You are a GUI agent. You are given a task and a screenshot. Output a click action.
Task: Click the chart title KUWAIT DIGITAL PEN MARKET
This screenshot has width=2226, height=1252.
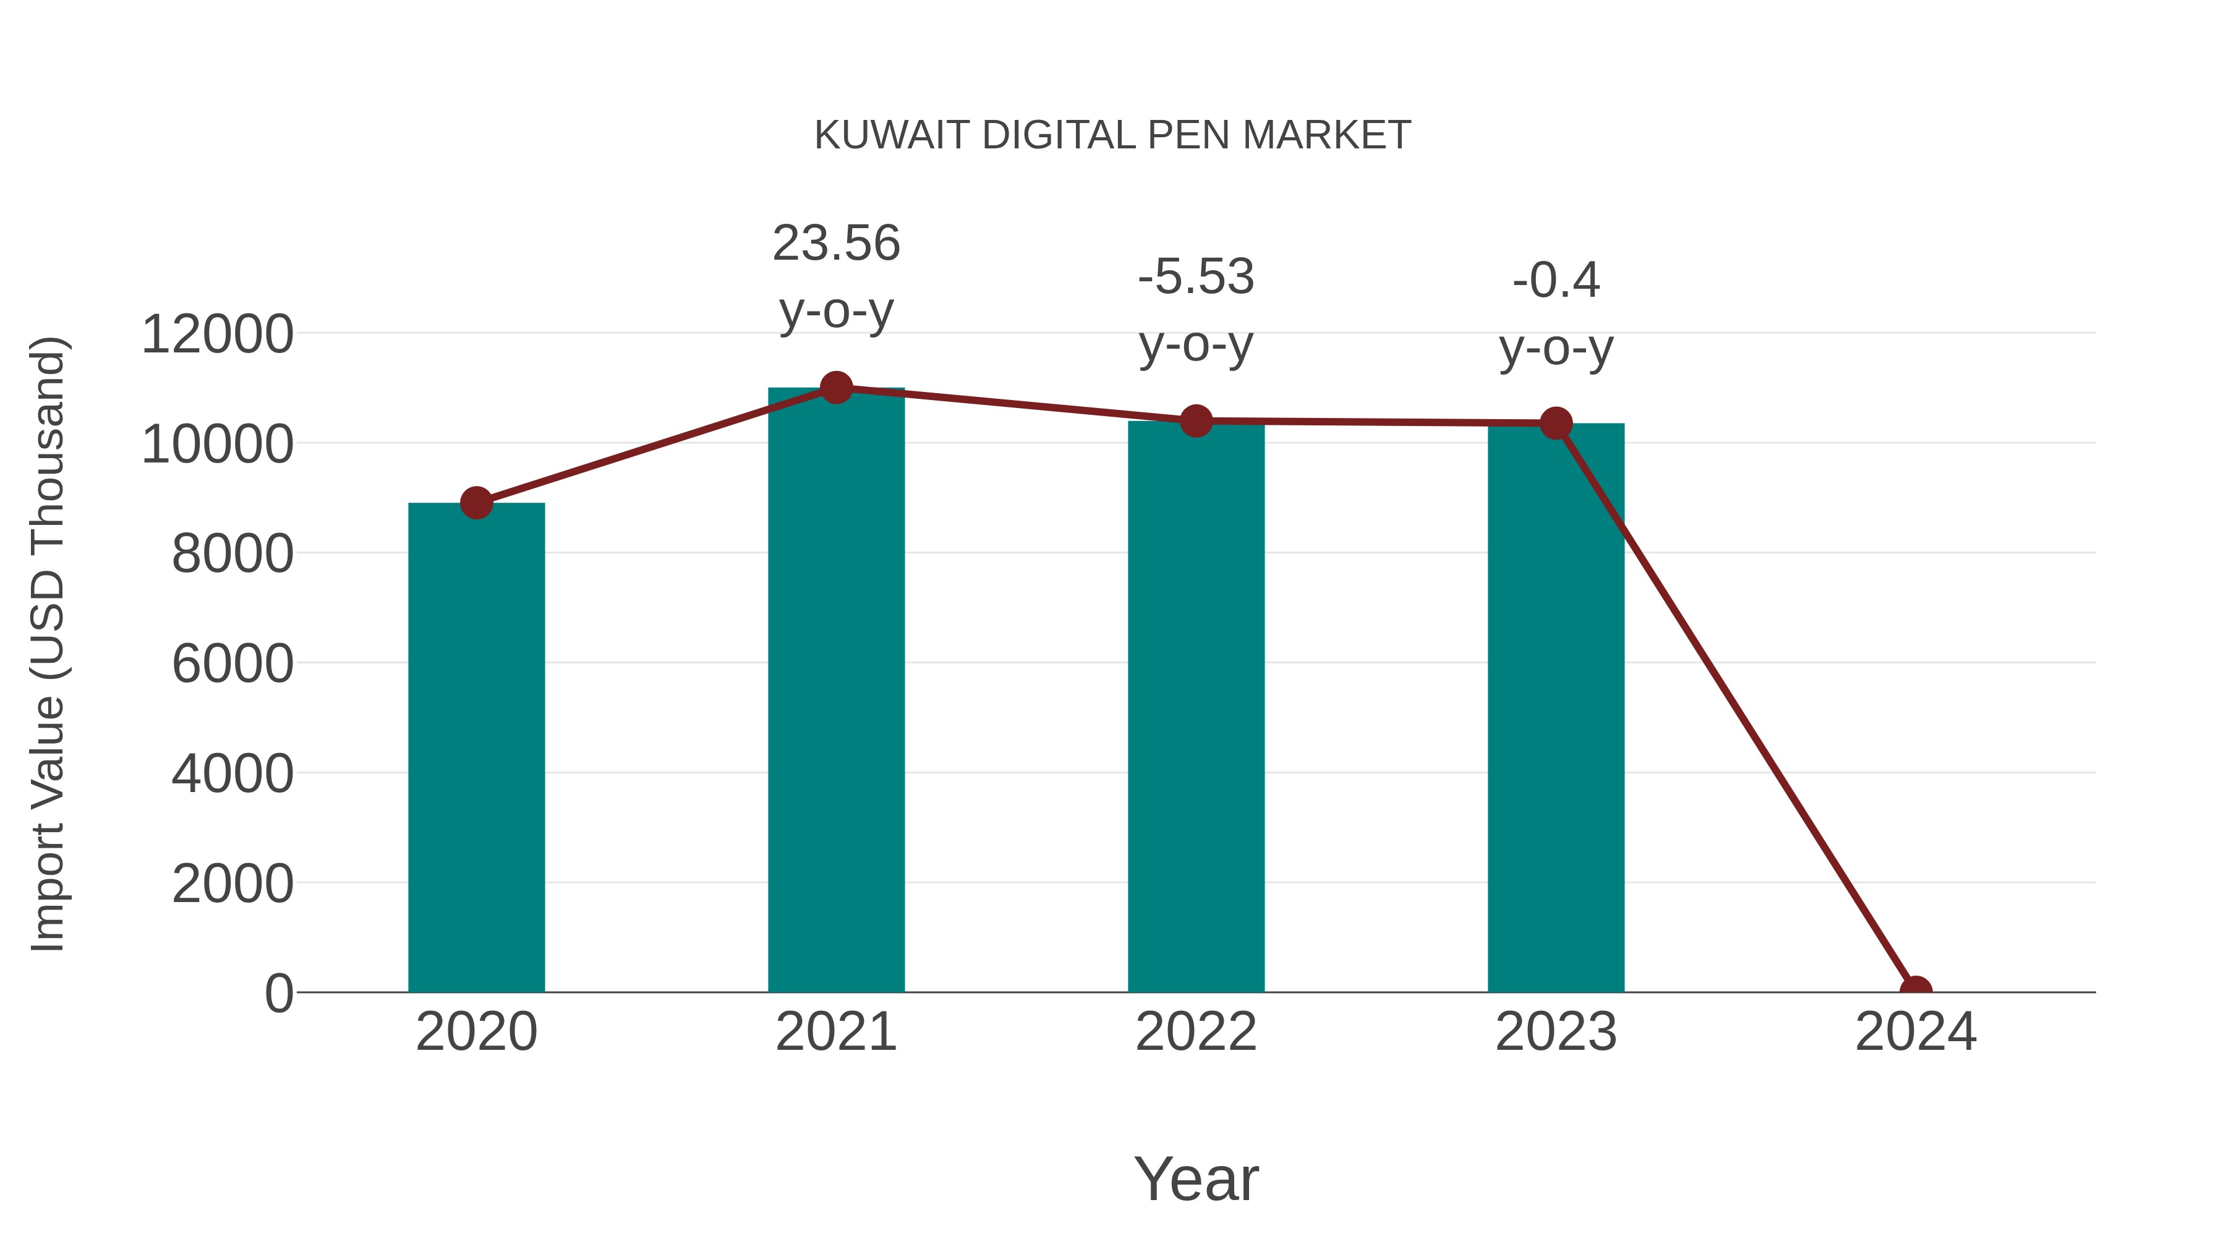point(1112,135)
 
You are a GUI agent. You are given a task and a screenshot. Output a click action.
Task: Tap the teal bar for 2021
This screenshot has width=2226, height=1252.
point(835,691)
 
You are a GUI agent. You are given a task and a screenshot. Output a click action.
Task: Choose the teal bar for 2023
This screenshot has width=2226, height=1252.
point(1556,709)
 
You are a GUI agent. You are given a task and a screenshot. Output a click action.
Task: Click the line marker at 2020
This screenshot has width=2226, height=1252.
point(476,503)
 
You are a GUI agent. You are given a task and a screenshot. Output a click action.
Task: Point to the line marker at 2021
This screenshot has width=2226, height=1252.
point(835,388)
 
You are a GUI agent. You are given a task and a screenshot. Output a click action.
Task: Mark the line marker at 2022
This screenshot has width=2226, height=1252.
point(1196,421)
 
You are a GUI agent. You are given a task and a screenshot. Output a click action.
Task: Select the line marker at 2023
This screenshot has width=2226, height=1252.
point(1556,424)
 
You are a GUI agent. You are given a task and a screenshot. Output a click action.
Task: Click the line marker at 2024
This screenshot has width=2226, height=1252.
point(1915,990)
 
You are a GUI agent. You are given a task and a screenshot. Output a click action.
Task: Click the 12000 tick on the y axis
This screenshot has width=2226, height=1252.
point(217,334)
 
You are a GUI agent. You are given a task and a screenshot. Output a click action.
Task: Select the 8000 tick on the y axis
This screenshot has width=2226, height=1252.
point(232,554)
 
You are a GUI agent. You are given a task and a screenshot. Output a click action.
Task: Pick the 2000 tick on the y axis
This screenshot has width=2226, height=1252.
point(232,884)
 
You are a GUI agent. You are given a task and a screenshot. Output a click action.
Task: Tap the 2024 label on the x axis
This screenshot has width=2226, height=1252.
point(1915,1032)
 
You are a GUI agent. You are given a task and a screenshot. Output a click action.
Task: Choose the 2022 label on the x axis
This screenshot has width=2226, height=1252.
point(1196,1032)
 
